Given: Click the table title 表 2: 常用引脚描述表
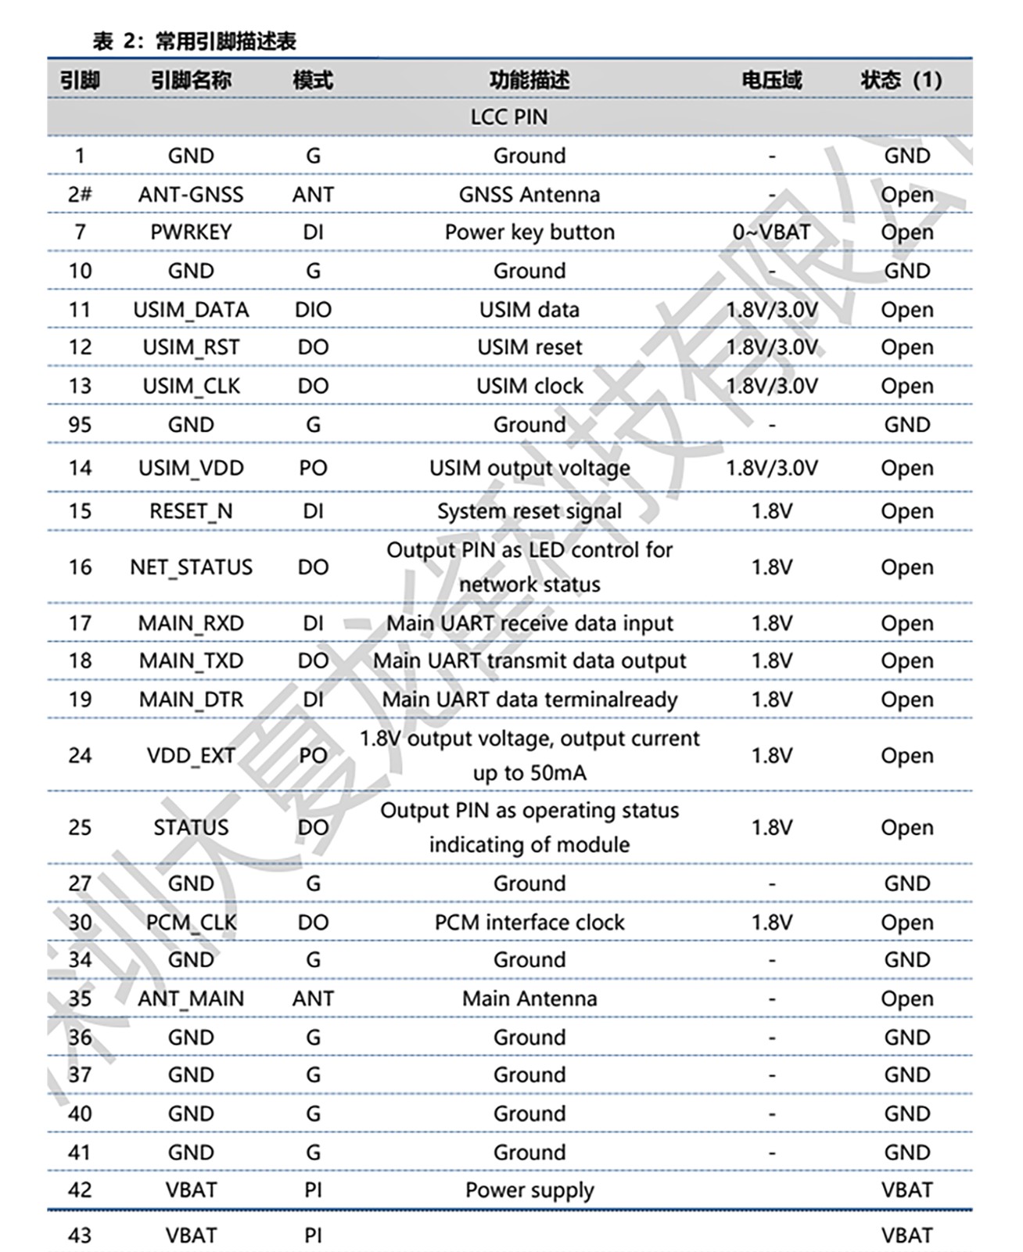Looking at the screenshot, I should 194,41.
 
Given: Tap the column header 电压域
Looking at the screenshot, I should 771,80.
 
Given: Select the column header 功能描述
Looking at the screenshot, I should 529,80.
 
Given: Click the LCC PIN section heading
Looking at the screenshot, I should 509,117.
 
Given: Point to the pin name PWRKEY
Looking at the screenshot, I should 191,232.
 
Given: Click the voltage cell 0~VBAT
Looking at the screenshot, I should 771,232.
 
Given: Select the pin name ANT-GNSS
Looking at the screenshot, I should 191,194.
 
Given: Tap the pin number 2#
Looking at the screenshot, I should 80,194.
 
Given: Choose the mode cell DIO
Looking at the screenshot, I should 313,310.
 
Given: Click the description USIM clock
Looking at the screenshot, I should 529,387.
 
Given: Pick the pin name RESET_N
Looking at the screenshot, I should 191,511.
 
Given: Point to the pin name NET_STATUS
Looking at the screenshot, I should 191,567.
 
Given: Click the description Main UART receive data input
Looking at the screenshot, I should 529,624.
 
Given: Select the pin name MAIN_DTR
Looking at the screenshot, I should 191,700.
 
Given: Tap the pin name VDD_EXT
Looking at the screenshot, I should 191,756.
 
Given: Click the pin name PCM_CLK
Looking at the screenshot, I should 191,923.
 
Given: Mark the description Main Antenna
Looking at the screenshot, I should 529,999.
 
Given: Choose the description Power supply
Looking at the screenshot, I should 529,1190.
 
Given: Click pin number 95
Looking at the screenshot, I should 80,425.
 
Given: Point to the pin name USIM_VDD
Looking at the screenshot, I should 191,468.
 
